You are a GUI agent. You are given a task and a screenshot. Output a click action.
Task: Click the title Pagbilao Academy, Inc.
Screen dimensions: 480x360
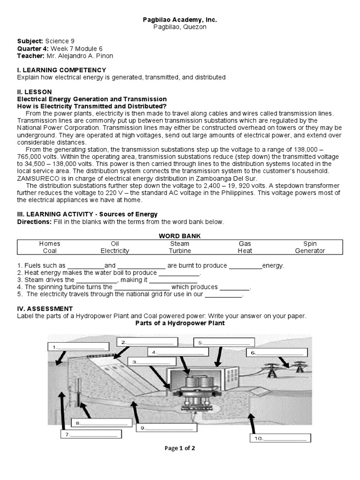(180, 20)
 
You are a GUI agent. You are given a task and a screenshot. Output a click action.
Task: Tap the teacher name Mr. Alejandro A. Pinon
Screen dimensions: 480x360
(80, 56)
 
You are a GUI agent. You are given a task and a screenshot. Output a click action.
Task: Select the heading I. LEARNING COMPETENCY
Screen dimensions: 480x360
(62, 70)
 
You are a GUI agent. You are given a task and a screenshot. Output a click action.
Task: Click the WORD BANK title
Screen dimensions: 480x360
(180, 236)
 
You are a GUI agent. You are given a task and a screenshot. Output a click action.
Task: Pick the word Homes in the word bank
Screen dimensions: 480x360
(50, 244)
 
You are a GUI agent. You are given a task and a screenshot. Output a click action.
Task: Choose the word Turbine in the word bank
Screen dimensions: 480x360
(180, 251)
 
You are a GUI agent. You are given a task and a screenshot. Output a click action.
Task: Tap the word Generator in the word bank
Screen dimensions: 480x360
(310, 251)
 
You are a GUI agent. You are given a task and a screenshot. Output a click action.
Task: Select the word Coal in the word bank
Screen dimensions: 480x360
(50, 251)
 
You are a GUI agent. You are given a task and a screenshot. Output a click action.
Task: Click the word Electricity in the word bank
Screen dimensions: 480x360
(115, 251)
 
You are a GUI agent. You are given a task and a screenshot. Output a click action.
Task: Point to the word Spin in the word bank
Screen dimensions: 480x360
(310, 244)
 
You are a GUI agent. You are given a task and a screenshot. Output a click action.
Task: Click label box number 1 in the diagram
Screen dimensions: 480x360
(79, 347)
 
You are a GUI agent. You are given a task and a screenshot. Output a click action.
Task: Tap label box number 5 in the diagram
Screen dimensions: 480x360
(225, 342)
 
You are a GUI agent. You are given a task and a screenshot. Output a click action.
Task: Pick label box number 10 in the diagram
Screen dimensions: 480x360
(280, 438)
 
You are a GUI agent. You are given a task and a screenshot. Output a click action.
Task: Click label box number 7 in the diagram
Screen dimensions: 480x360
(90, 435)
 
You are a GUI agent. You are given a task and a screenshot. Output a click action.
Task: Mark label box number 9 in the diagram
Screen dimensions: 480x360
(165, 427)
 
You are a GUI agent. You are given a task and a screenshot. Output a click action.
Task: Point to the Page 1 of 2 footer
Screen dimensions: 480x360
(180, 448)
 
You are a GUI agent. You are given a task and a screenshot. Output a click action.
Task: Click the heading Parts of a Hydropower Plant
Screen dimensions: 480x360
(180, 323)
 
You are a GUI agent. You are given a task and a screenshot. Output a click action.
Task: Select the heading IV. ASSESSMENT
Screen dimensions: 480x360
(45, 308)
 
